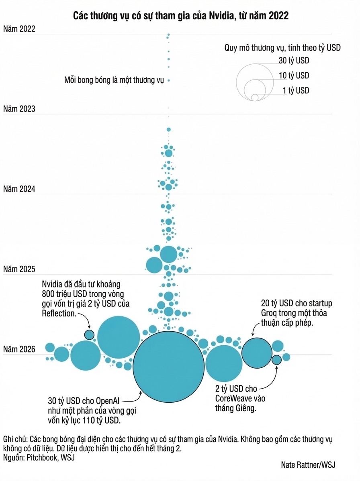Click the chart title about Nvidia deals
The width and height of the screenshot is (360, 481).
point(180,16)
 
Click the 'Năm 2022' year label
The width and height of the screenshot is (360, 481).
point(19,29)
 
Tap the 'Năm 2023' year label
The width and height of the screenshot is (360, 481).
point(19,109)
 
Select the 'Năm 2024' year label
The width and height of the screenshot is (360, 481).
point(19,189)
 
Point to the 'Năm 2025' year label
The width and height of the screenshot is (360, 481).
point(19,269)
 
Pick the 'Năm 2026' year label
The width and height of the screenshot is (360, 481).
point(19,349)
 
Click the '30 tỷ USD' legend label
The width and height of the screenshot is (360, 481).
point(294,61)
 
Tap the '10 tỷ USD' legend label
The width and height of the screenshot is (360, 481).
point(294,75)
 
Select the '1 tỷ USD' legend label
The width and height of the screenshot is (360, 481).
point(296,90)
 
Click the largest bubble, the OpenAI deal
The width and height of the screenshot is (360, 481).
point(169,369)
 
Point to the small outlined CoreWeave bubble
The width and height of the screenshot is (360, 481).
point(276,360)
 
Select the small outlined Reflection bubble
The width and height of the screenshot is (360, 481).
point(89,334)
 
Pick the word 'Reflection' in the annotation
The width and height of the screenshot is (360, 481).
point(59,313)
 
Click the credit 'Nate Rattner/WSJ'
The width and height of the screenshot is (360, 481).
point(308,465)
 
